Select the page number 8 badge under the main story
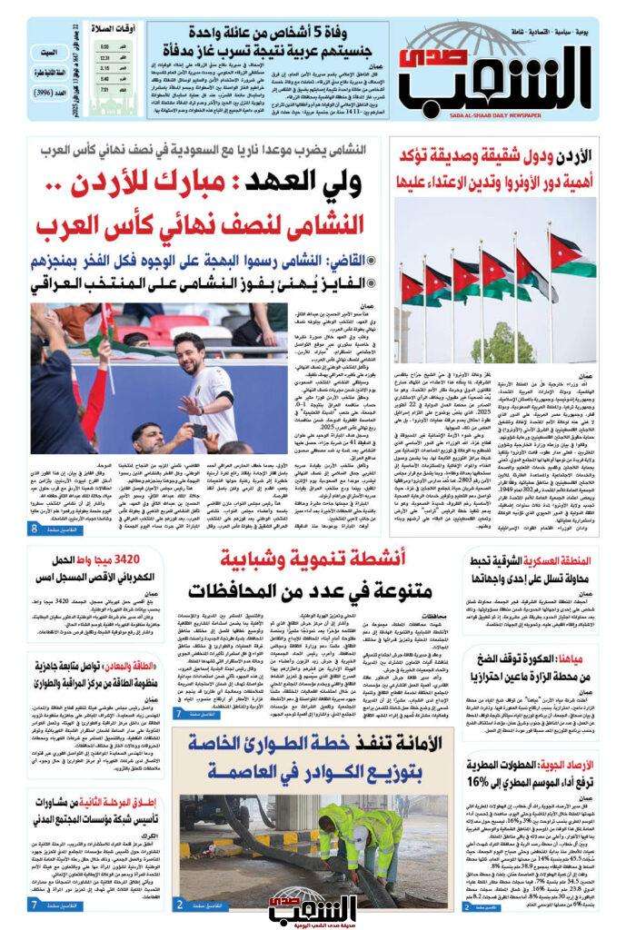35,529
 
